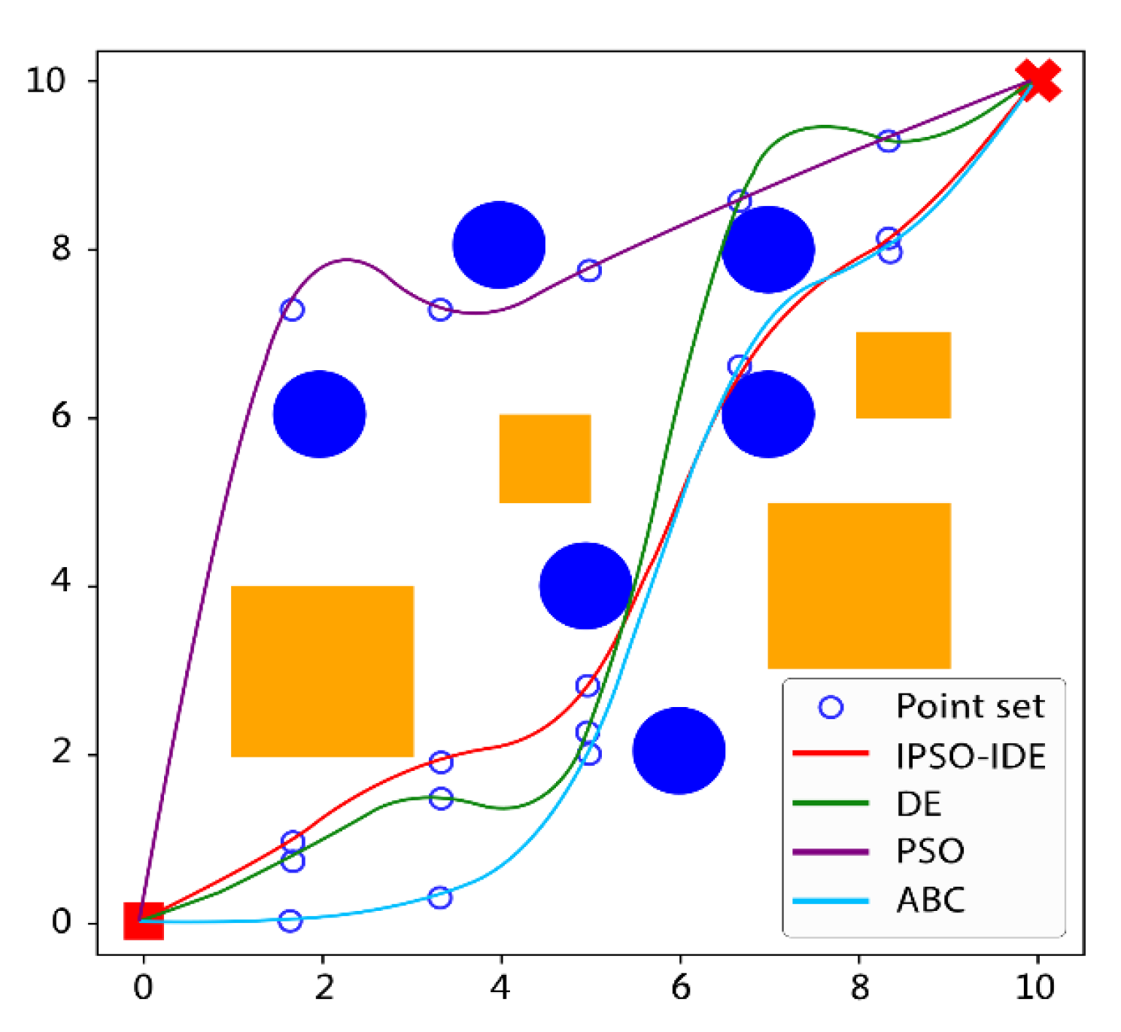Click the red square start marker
coord(143,921)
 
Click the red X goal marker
coord(1038,80)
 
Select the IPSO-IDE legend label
coord(971,756)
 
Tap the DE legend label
coord(919,804)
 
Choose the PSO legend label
coord(930,851)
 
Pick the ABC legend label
coord(931,900)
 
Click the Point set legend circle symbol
coord(831,707)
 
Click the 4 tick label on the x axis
coord(501,987)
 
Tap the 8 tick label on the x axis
coord(859,987)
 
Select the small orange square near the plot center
coord(545,458)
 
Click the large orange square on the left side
coord(322,671)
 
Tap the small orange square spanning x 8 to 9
coord(903,375)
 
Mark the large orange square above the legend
coord(859,585)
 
